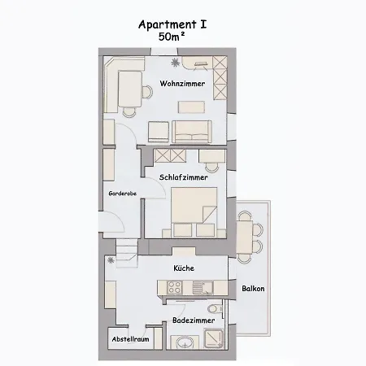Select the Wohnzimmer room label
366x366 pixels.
(x=181, y=84)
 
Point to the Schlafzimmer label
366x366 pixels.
(x=184, y=176)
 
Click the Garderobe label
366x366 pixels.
(x=122, y=194)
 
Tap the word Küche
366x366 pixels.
(x=183, y=268)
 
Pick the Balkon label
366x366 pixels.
(x=253, y=289)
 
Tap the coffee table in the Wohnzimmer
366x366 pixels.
(x=192, y=106)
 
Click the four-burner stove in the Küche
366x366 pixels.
(x=174, y=287)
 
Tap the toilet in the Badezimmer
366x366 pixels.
(x=214, y=311)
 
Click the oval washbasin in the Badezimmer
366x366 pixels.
(x=185, y=344)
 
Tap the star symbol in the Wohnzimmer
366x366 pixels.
(x=172, y=62)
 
